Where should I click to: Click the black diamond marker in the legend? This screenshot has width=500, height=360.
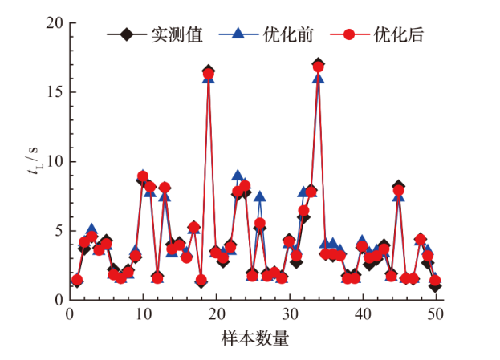126,35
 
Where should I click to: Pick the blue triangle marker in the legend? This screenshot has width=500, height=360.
238,35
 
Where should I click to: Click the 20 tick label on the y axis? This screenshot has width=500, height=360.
54,23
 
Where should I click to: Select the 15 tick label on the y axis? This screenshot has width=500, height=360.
54,92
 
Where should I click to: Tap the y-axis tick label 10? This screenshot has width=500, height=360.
54,161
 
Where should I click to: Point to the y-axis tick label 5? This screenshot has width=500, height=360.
58,231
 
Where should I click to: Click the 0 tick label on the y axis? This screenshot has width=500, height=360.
58,300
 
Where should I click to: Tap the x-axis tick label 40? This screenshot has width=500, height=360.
363,315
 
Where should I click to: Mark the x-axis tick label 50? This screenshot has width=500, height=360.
436,315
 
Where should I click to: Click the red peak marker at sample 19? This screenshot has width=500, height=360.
209,75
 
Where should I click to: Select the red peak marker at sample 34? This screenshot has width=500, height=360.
319,67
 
